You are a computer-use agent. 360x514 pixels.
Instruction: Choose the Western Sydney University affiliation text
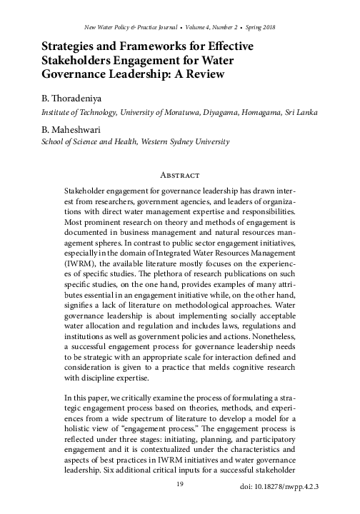188,142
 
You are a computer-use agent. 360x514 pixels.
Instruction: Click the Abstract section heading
179,174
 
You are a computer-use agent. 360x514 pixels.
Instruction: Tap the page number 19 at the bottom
180,484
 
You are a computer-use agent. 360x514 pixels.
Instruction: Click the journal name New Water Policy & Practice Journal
103,27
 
